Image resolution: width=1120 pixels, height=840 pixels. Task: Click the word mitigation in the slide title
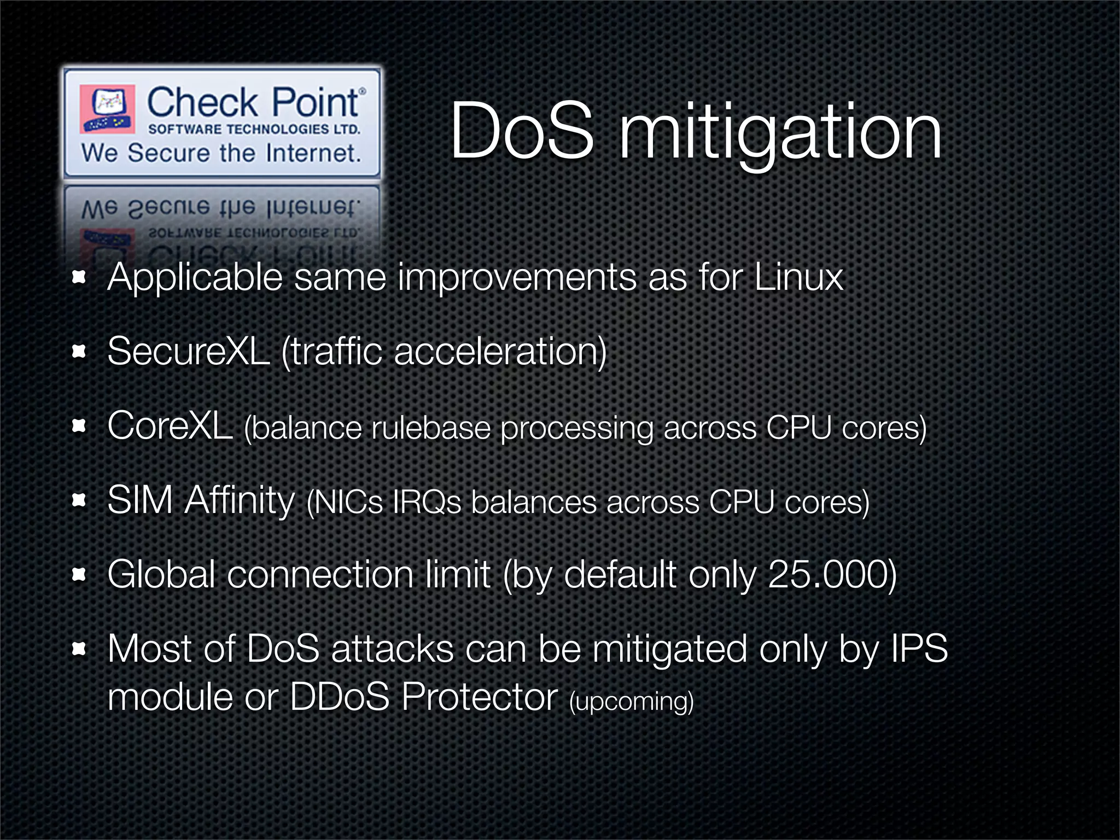[780, 134]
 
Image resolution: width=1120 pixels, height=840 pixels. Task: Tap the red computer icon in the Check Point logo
[107, 108]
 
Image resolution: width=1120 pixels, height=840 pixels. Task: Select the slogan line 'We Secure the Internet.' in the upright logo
[221, 153]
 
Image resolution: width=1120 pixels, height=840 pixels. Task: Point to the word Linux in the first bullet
[798, 277]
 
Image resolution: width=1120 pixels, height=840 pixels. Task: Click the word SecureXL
[188, 351]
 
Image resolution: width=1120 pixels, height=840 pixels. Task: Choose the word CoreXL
[170, 425]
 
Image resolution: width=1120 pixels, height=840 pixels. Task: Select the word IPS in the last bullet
[919, 649]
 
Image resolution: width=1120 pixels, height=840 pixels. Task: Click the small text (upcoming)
[631, 701]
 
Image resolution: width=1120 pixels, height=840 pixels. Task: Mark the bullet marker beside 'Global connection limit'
[79, 574]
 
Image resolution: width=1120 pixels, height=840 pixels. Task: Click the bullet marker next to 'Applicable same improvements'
[79, 277]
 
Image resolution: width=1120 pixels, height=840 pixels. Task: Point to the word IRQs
[427, 502]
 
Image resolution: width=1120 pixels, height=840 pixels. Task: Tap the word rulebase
[431, 428]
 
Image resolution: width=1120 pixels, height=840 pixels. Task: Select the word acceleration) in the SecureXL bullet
[500, 351]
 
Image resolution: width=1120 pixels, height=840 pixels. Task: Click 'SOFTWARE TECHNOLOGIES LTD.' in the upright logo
[254, 130]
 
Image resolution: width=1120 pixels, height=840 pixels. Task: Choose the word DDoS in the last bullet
[339, 697]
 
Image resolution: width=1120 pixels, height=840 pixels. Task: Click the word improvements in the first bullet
[517, 278]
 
